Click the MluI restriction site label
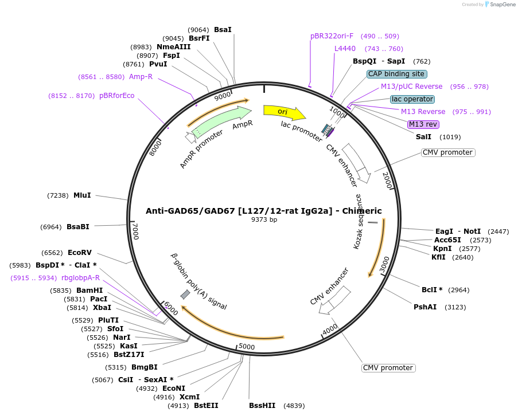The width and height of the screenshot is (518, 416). coord(82,195)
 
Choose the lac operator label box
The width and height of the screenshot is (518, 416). coord(412,99)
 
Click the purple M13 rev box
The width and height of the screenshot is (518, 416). coord(423,124)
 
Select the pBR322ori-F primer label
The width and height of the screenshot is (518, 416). coord(332,36)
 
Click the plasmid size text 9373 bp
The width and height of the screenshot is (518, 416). coord(264,219)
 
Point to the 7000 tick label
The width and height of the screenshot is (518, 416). coord(135,232)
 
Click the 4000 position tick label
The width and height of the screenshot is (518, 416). coord(330,329)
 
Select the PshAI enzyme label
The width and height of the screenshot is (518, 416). coord(425,307)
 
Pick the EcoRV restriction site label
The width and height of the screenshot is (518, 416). coord(80,253)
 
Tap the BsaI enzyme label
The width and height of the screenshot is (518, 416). coord(223,30)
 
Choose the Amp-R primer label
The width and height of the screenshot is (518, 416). coord(141,77)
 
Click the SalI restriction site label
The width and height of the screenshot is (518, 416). coord(423,137)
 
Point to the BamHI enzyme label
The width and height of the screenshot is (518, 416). coord(89,291)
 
